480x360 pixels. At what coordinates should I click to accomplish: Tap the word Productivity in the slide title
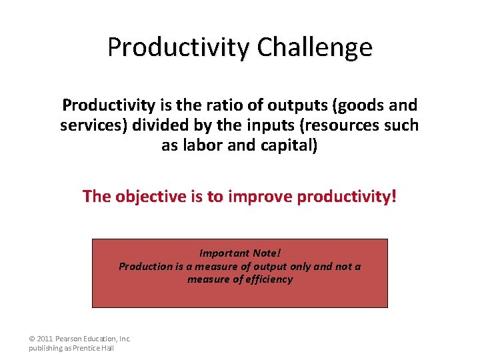click(178, 48)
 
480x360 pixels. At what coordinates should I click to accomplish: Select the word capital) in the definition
click(286, 145)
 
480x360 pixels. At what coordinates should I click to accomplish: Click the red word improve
click(260, 197)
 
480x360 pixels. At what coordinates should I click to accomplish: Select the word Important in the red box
click(225, 253)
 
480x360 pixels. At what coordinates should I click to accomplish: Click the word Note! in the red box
click(267, 253)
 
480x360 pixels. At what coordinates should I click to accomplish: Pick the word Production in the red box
click(145, 266)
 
